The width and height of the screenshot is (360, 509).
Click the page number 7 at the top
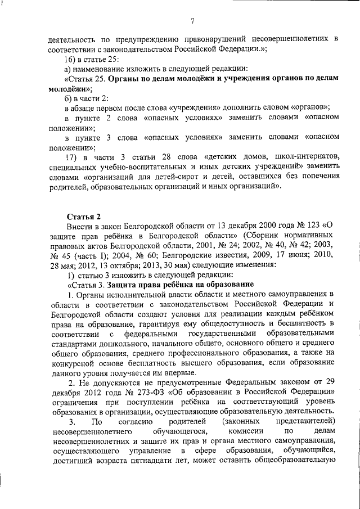click(x=192, y=22)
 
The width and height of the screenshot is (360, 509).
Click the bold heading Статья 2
click(x=84, y=216)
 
